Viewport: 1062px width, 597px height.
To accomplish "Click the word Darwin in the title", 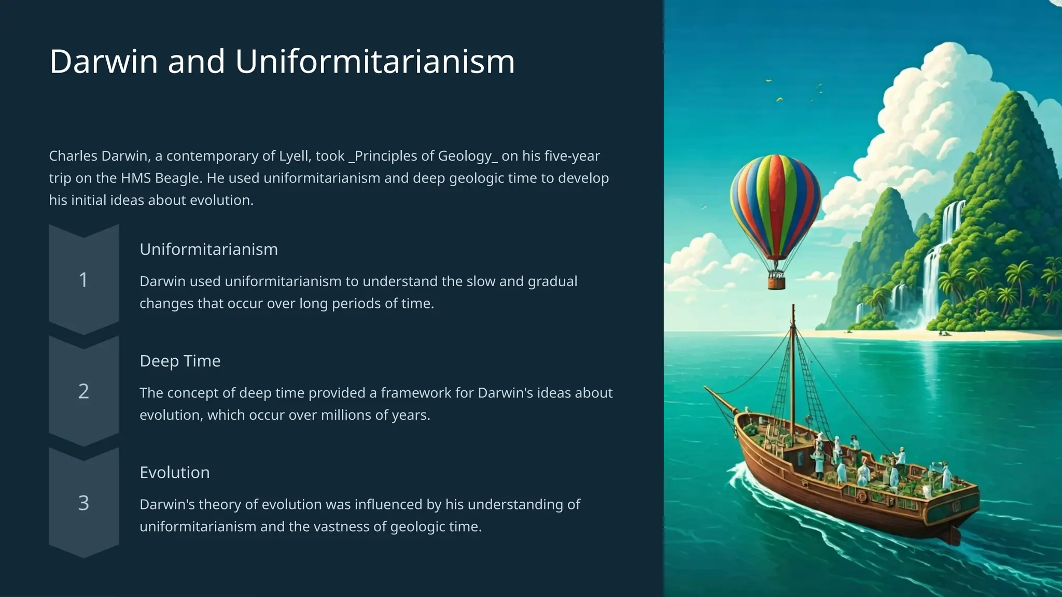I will click(103, 62).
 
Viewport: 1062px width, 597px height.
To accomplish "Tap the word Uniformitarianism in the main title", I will click(375, 62).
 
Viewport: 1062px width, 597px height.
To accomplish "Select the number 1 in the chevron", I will click(83, 280).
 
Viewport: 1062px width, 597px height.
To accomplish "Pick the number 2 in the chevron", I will click(83, 391).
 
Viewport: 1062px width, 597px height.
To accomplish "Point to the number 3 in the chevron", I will click(83, 503).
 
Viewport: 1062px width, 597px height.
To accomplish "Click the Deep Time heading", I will click(180, 361).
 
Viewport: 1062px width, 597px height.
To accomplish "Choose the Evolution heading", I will click(175, 472).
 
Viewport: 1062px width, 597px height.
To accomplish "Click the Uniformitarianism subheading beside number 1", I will click(208, 249).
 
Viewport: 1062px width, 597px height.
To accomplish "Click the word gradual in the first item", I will click(552, 281).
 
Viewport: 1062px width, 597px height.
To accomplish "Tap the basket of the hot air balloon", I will click(776, 281).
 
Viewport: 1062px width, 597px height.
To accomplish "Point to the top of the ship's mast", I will click(793, 308).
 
